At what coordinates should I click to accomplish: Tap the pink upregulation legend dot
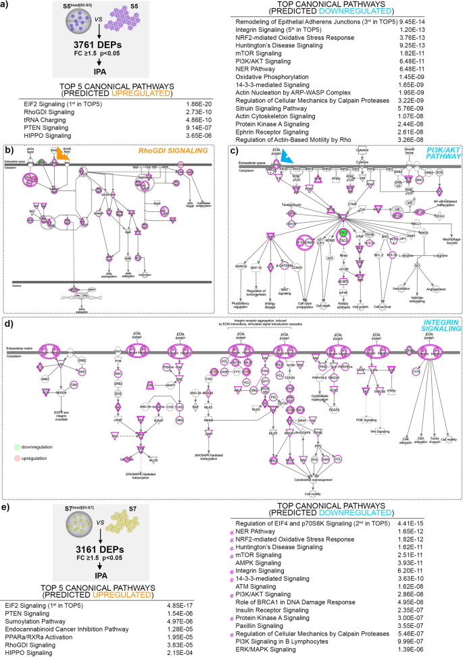16,458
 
